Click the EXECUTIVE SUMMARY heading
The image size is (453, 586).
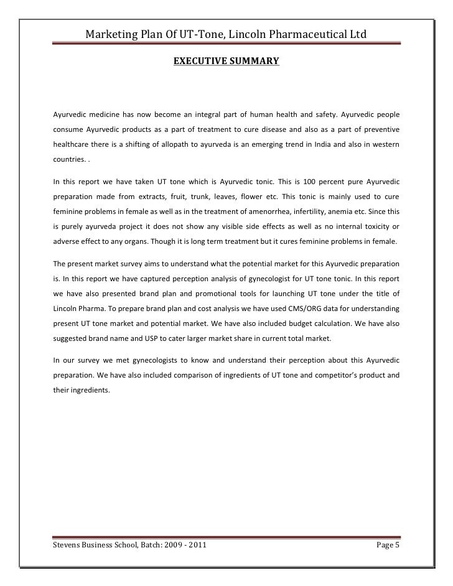(226, 62)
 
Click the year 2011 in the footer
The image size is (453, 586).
(197, 546)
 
